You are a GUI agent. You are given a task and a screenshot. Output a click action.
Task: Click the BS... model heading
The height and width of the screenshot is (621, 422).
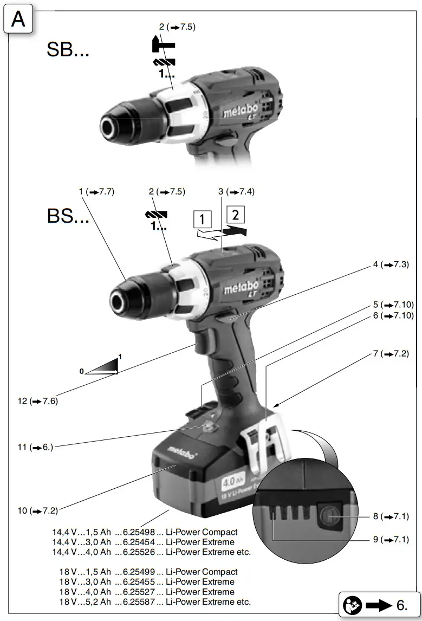tap(68, 216)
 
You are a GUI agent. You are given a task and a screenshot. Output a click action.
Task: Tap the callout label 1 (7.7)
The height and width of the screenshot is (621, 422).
tap(96, 191)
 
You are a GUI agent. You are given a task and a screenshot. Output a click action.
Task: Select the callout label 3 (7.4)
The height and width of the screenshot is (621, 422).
tap(236, 191)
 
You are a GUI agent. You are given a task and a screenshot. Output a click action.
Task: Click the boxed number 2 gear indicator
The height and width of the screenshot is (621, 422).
tap(235, 214)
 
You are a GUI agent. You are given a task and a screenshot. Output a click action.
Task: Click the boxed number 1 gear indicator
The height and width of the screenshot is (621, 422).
tap(202, 220)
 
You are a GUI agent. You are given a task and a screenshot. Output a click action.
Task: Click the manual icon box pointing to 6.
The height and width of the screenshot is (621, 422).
tap(380, 603)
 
